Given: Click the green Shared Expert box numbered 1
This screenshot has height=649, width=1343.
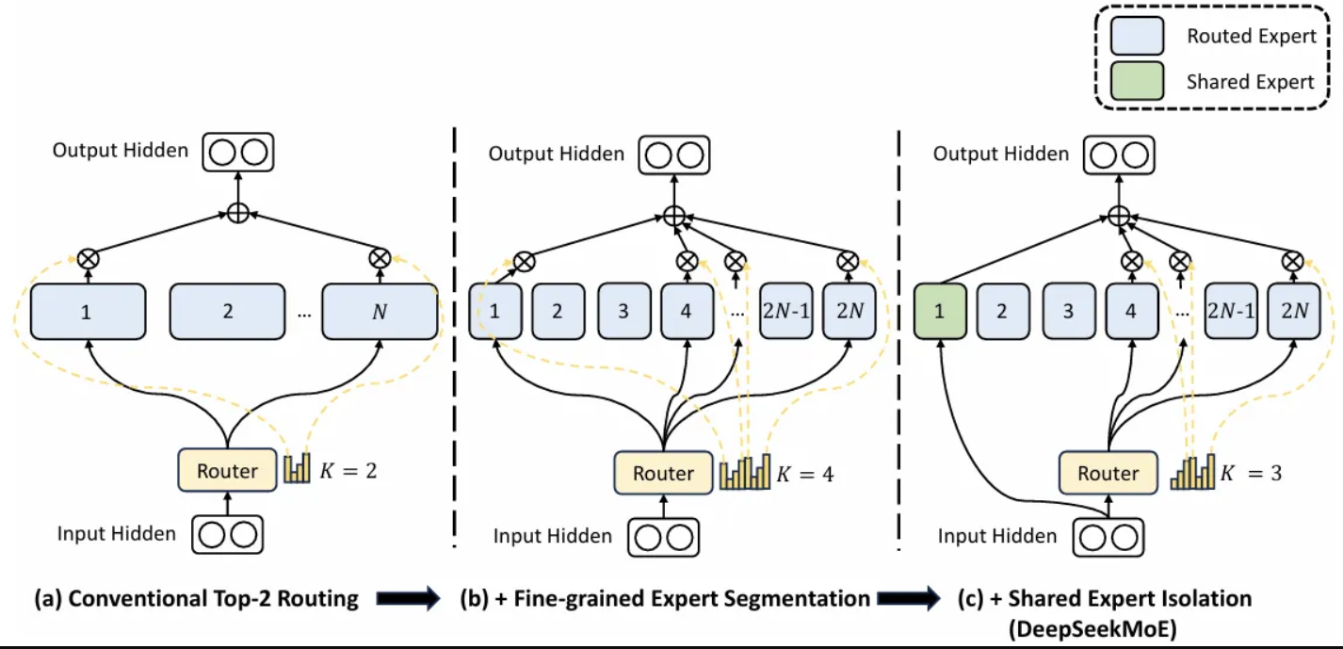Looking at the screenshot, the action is tap(940, 311).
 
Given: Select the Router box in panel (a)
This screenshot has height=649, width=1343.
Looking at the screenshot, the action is tap(227, 470).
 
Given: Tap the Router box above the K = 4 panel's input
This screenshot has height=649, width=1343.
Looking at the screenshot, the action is tap(663, 473).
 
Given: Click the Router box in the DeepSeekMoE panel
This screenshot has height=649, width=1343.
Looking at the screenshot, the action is tap(1108, 473).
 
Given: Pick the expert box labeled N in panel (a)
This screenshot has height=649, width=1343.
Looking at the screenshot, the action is tap(380, 311).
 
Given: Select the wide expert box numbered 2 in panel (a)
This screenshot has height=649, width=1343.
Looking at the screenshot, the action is tap(227, 311).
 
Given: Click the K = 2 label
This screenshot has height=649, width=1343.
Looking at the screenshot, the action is tap(348, 471).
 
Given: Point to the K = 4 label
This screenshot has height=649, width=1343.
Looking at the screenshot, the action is tap(804, 475).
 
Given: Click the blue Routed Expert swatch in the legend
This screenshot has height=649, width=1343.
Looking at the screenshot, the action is tap(1138, 36).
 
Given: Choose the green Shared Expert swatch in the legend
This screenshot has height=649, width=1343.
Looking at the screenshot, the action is tap(1138, 81).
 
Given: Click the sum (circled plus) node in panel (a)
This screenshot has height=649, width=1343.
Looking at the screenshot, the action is tap(238, 213).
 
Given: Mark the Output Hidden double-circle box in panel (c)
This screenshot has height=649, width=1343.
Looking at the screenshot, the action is tap(1119, 155).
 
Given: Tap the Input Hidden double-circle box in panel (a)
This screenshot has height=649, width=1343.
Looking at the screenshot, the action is tap(227, 534).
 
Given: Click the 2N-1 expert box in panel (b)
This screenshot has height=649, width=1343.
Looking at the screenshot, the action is tap(786, 311).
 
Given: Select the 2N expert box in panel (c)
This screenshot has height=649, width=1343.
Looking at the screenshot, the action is tap(1294, 311).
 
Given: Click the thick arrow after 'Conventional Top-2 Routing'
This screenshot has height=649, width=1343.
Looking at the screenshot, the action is tap(409, 598).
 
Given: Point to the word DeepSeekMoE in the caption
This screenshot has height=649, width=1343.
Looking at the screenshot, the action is tap(1092, 629).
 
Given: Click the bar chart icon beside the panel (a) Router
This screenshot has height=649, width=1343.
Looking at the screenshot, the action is tap(298, 468).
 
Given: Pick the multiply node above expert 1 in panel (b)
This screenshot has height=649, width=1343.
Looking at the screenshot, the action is tap(525, 262).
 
